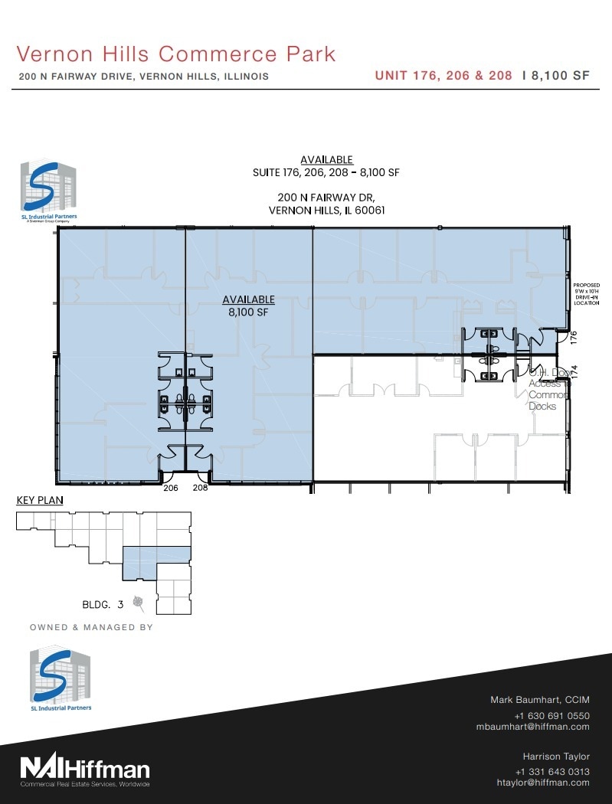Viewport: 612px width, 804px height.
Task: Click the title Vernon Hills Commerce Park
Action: click(x=176, y=54)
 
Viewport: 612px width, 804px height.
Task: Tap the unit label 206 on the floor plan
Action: click(x=170, y=487)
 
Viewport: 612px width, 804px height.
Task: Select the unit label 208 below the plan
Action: click(x=201, y=487)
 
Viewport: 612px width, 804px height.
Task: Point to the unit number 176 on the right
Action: click(x=573, y=335)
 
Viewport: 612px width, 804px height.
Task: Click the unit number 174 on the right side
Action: click(x=573, y=369)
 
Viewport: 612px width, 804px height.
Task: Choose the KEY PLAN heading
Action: click(x=40, y=501)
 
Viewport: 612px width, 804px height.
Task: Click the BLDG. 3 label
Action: click(x=103, y=604)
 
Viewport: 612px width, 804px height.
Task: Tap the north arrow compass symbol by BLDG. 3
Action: click(x=138, y=603)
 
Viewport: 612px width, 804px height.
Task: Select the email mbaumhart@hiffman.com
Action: click(x=532, y=727)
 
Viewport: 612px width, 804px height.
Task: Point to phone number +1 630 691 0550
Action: click(x=551, y=716)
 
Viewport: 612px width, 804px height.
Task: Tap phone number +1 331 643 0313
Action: click(x=551, y=771)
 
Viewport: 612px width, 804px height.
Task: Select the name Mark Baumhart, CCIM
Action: click(x=539, y=700)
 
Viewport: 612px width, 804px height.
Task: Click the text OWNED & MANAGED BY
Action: click(x=91, y=627)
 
